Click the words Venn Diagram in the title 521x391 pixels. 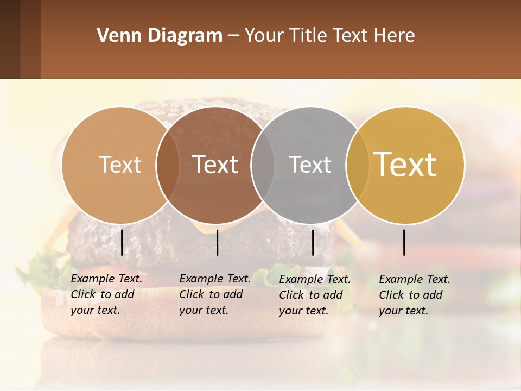[160, 36]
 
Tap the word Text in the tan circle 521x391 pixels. [120, 165]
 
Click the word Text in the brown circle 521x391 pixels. [215, 165]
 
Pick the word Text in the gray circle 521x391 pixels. [310, 165]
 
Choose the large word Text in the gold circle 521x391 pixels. [405, 165]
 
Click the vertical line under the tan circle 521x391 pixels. [122, 242]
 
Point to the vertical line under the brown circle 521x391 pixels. [217, 242]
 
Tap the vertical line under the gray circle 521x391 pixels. [313, 242]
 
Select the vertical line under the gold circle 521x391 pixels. [404, 242]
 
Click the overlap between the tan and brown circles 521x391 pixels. [168, 165]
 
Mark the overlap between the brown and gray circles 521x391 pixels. [263, 165]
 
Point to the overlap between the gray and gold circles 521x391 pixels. [358, 165]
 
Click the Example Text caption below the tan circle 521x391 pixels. [106, 294]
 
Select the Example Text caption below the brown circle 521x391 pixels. [214, 294]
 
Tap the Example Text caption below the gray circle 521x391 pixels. [314, 295]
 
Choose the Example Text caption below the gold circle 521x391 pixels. [414, 295]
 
